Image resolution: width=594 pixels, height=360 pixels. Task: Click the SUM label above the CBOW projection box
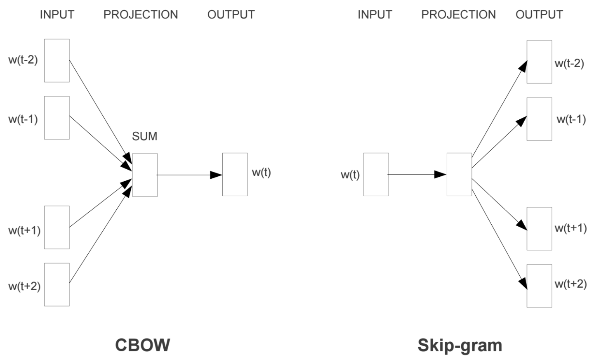click(x=144, y=136)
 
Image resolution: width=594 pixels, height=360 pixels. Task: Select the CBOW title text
click(x=142, y=345)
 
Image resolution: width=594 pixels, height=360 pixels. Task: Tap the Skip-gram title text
click(x=460, y=345)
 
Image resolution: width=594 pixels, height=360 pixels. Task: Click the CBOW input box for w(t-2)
click(x=57, y=61)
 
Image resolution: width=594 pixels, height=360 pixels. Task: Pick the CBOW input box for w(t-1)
click(x=57, y=118)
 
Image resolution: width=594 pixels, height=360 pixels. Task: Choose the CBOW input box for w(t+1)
click(x=57, y=227)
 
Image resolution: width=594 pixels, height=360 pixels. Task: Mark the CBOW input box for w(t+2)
click(x=57, y=284)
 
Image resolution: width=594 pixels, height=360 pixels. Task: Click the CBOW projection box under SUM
click(x=145, y=175)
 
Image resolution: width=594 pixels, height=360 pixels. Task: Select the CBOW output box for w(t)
click(x=235, y=174)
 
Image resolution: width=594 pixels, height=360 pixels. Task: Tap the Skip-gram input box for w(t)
click(x=376, y=174)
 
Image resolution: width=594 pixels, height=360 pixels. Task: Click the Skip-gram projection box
click(x=459, y=174)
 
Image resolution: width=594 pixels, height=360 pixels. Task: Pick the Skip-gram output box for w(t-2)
click(x=539, y=62)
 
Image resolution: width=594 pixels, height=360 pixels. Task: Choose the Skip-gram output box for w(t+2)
click(x=539, y=286)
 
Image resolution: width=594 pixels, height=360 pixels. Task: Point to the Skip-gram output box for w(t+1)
click(x=539, y=229)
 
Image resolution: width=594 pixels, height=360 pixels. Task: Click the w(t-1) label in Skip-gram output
click(x=571, y=119)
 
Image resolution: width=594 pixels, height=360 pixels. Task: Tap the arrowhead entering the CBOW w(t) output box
click(x=217, y=175)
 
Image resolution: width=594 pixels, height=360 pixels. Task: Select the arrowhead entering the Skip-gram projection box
click(x=441, y=175)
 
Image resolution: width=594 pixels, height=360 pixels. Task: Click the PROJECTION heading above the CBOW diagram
click(x=141, y=14)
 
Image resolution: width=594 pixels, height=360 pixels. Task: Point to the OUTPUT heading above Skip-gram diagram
click(x=539, y=14)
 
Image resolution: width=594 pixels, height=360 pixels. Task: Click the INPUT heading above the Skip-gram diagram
click(x=375, y=14)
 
